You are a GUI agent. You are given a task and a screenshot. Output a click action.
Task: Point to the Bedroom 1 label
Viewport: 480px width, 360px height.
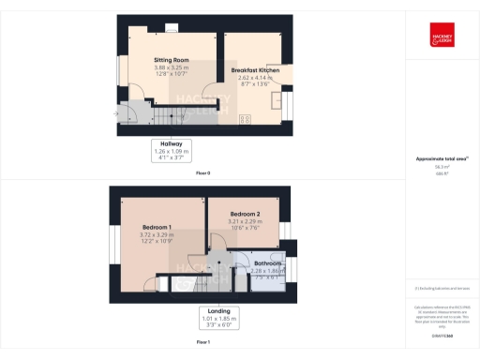(157, 227)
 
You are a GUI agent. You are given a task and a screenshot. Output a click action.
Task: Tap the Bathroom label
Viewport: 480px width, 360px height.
(267, 263)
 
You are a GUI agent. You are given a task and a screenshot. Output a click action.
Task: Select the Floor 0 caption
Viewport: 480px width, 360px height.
(203, 173)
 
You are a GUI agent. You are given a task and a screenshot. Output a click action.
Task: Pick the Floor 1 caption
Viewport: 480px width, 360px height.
(203, 343)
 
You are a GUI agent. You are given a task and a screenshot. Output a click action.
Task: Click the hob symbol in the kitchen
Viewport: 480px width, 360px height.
(247, 118)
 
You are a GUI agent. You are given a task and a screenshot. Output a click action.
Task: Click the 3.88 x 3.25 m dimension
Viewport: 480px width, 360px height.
(172, 68)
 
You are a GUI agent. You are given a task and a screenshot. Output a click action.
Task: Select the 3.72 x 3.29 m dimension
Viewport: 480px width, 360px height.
(157, 234)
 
